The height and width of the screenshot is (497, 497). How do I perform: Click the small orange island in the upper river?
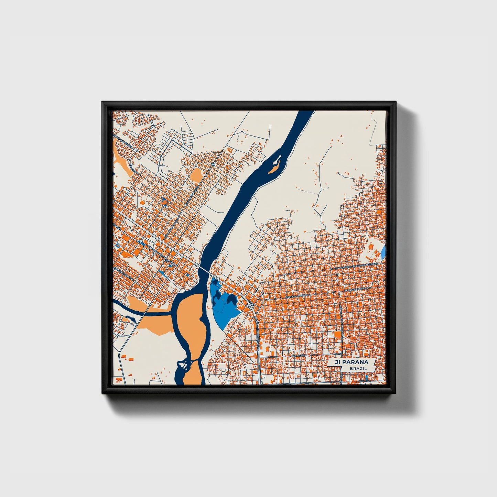pos(274,169)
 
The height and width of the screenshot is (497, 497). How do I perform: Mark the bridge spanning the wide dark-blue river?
pos(205,269)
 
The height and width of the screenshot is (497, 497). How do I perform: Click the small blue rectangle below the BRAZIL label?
pos(367,377)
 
